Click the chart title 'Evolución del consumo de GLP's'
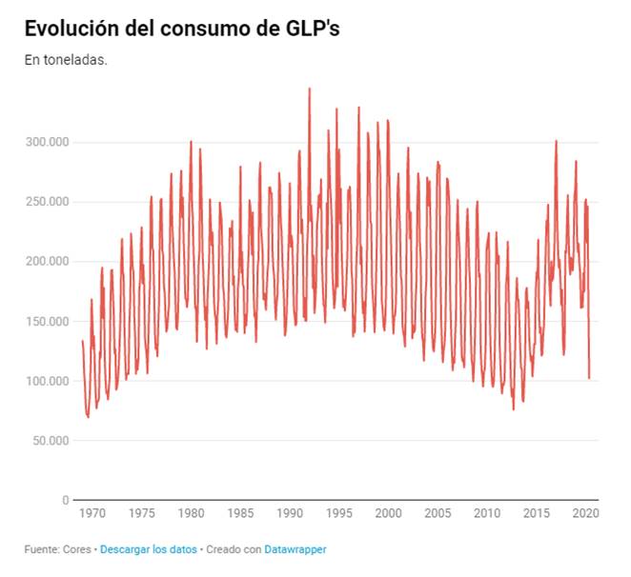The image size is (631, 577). coord(182,29)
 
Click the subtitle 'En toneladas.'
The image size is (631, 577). coord(66,59)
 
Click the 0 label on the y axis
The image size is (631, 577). coord(66,500)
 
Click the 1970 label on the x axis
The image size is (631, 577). coord(92,513)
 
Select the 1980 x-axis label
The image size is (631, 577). coord(191,513)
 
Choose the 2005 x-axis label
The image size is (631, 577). coord(438,513)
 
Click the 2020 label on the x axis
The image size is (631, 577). coord(583,513)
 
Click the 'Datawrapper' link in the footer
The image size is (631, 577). coord(296,549)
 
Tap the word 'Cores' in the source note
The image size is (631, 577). coord(77,549)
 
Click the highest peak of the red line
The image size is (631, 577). coord(310,89)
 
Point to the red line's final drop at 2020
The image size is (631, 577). coord(589,377)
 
